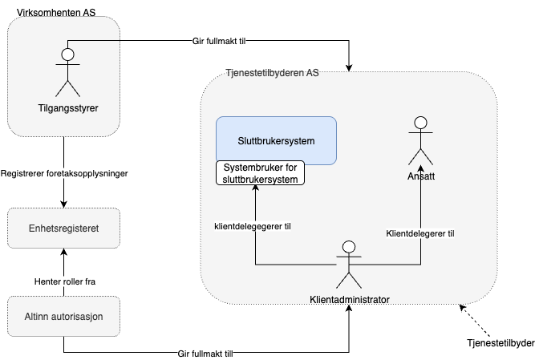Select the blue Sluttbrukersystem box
(x=276, y=140)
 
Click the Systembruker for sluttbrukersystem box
(x=261, y=173)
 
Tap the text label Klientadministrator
(x=349, y=300)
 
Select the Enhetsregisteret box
(x=63, y=228)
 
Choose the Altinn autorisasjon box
(x=63, y=316)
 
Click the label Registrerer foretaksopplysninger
(x=65, y=173)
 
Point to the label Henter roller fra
(x=65, y=281)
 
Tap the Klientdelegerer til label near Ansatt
(x=420, y=234)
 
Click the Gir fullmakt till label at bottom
(x=205, y=354)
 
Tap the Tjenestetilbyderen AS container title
(x=273, y=74)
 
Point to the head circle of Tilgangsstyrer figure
(x=68, y=55)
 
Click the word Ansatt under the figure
(x=420, y=176)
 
